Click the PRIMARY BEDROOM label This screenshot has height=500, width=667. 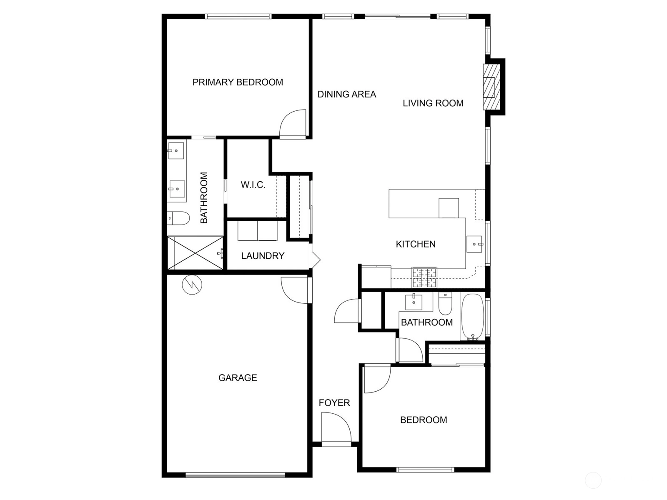click(238, 82)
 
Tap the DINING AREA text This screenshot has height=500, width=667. click(347, 95)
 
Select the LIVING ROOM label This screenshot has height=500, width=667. click(433, 103)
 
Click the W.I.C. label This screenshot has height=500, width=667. click(253, 185)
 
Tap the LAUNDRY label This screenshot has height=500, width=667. click(263, 255)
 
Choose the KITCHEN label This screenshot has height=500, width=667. click(416, 244)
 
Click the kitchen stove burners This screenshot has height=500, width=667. click(424, 277)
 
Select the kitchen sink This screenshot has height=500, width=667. click(474, 244)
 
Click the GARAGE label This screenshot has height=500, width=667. click(238, 377)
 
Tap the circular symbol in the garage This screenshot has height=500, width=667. click(192, 285)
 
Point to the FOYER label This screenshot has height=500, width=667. click(334, 403)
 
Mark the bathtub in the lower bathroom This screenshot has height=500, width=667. click(472, 317)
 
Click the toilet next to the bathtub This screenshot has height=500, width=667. click(445, 303)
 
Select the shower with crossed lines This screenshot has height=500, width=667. click(196, 253)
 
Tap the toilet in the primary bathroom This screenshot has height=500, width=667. click(178, 217)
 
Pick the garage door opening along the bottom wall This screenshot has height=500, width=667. click(235, 475)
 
